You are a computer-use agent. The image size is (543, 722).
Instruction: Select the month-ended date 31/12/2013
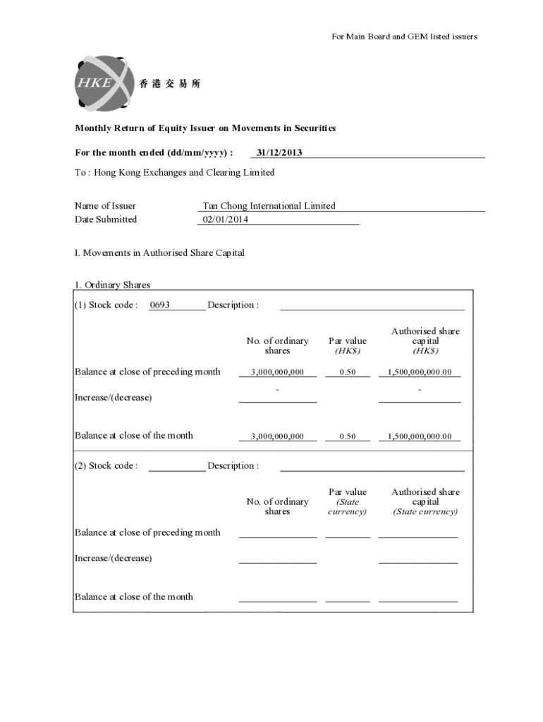(x=280, y=152)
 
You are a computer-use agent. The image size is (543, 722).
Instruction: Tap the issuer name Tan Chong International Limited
(x=269, y=206)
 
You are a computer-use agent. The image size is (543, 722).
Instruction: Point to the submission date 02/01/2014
(x=226, y=219)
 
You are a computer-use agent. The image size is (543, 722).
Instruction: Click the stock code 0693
(x=160, y=305)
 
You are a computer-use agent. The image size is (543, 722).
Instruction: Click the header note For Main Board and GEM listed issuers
(x=404, y=37)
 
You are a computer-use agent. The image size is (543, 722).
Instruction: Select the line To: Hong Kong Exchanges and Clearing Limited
(x=174, y=173)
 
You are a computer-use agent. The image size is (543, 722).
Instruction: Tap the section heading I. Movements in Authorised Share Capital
(x=159, y=252)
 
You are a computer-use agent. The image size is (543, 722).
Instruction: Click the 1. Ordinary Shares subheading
(x=113, y=285)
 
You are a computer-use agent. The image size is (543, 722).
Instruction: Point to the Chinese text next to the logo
(x=170, y=84)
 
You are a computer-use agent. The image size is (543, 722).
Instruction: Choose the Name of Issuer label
(x=105, y=206)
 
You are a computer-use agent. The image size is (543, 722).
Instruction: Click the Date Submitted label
(x=106, y=219)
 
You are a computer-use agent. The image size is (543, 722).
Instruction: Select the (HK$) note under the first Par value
(x=348, y=351)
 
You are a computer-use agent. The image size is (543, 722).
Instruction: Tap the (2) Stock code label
(x=106, y=465)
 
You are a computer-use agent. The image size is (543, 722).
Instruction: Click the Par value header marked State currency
(x=348, y=501)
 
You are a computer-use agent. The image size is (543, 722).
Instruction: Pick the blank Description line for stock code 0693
(x=372, y=306)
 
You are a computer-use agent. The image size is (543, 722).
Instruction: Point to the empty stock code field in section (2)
(x=177, y=467)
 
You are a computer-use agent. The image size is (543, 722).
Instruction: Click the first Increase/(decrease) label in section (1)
(x=113, y=397)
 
